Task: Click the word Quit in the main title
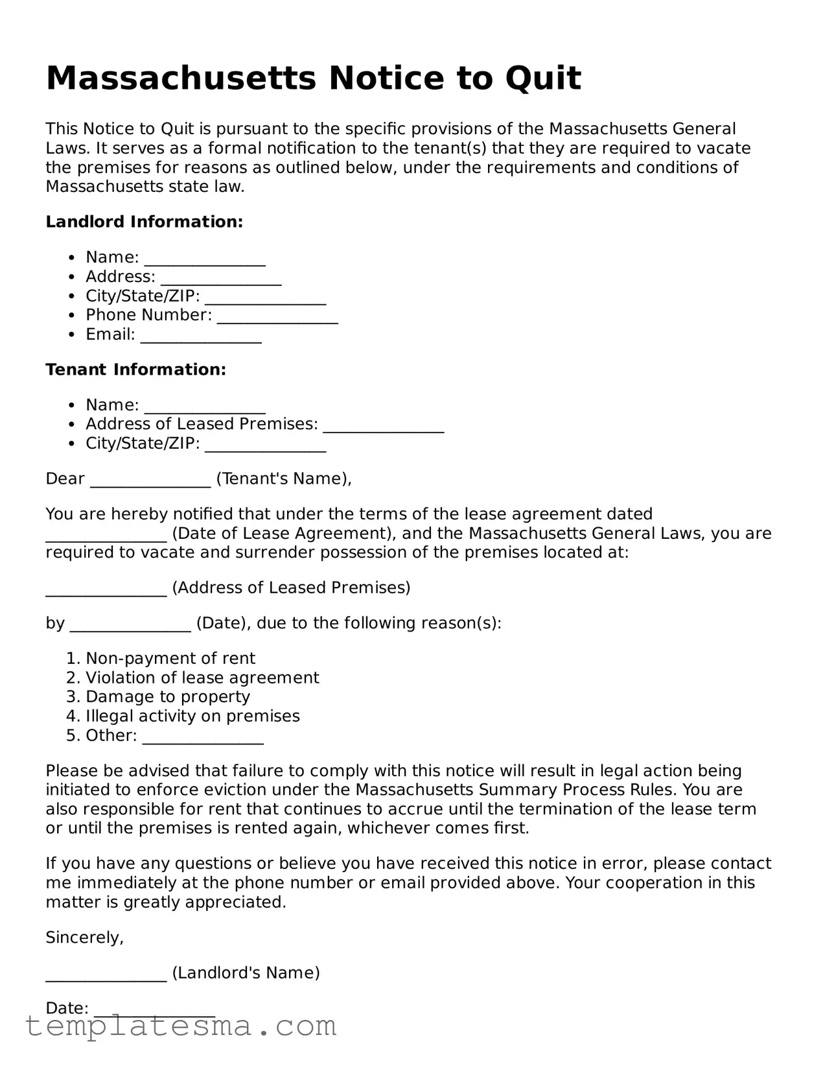pos(542,78)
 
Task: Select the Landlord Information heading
pos(144,222)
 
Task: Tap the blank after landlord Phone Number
pos(277,317)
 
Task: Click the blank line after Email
pos(201,337)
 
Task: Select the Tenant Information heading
pos(135,370)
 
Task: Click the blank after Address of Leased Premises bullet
pos(383,426)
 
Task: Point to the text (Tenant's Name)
pos(283,479)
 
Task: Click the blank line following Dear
pos(150,480)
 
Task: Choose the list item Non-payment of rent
pos(170,658)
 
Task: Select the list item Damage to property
pos(168,696)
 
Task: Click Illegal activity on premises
pos(192,716)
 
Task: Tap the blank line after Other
pos(203,737)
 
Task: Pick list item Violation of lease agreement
pos(202,678)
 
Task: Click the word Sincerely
pos(84,937)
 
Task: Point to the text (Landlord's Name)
pos(246,973)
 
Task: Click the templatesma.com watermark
pos(181,1026)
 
